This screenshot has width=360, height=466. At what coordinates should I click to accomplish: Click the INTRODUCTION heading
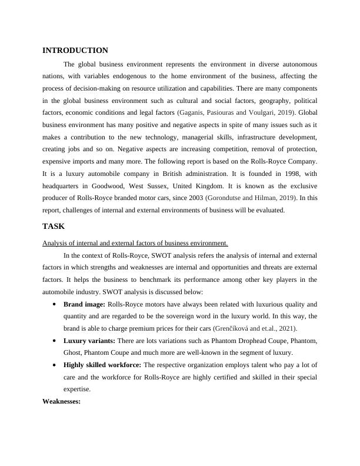coord(75,51)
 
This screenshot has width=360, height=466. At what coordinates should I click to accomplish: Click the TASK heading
coord(54,226)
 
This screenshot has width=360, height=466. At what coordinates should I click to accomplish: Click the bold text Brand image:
coord(84,304)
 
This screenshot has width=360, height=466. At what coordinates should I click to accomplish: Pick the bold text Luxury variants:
coord(89,341)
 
